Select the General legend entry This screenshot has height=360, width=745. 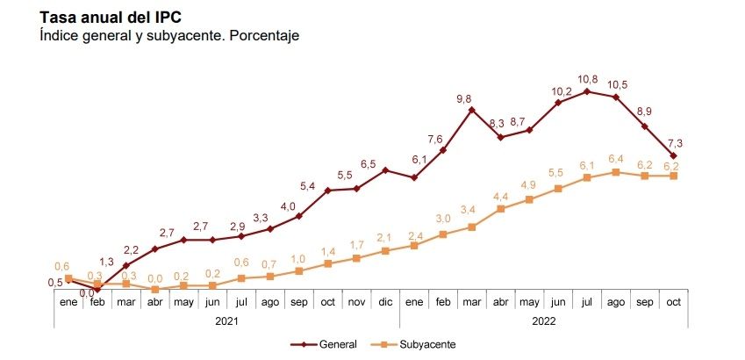(x=331, y=343)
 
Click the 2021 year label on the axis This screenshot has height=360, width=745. (x=226, y=321)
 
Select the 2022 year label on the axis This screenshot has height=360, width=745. (x=543, y=321)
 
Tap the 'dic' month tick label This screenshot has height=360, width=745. (x=384, y=301)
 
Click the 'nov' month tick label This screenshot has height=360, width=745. (x=355, y=301)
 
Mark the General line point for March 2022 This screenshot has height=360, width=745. (x=471, y=110)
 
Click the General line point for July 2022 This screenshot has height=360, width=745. (x=586, y=91)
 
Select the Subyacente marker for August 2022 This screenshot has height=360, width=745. (x=615, y=172)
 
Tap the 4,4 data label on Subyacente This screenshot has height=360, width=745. (x=500, y=195)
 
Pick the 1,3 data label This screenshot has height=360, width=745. (x=107, y=262)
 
